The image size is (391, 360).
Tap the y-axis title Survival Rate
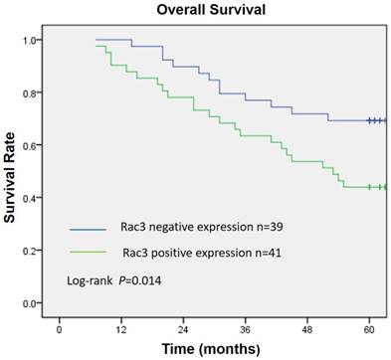click(x=11, y=170)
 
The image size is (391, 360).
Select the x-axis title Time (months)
click(x=215, y=347)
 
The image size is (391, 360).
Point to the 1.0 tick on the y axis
click(x=34, y=41)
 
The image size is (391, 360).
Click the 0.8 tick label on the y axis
click(x=34, y=93)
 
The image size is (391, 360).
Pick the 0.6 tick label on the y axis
click(x=34, y=146)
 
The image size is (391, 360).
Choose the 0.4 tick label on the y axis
click(x=34, y=198)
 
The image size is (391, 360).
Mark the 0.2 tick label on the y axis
click(x=34, y=251)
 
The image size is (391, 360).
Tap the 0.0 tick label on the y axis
click(x=34, y=302)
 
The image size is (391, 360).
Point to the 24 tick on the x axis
click(x=183, y=326)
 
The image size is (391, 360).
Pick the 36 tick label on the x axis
click(x=245, y=326)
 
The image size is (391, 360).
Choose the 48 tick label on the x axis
click(x=307, y=326)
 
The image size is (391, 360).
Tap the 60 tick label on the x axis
click(x=369, y=326)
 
